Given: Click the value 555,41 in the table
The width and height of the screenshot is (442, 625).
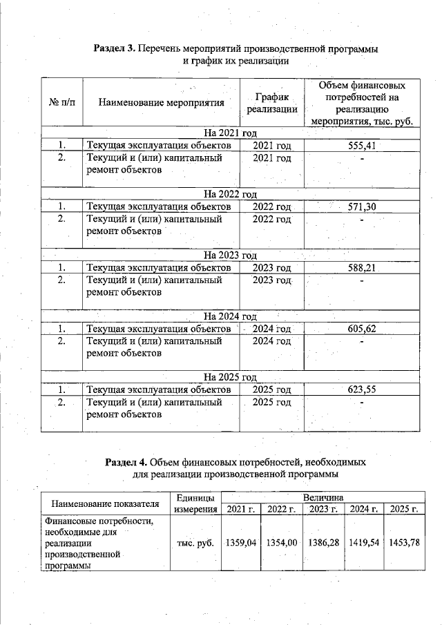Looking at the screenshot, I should (362, 145).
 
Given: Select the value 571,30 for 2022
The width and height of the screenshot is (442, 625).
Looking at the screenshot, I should (362, 206).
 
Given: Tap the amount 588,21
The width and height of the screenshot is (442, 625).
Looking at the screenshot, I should (362, 267).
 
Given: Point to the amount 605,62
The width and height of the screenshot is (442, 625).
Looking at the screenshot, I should (362, 328).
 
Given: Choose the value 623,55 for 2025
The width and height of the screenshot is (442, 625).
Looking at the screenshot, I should (362, 390).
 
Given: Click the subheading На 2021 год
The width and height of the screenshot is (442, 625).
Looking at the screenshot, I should (231, 133).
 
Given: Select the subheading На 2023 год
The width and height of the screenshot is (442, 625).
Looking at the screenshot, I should (231, 255).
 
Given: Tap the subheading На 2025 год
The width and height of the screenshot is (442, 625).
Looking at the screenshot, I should (231, 377).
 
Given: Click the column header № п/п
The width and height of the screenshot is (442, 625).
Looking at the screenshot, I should (62, 103).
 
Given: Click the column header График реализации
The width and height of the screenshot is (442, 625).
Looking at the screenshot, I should (272, 103).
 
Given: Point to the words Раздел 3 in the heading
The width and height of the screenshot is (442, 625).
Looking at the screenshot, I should (115, 49).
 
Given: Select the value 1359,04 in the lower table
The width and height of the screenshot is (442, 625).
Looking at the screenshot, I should (240, 543).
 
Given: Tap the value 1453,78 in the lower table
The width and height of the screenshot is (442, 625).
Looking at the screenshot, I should (404, 543).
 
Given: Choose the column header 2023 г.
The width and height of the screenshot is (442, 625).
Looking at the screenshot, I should (323, 510).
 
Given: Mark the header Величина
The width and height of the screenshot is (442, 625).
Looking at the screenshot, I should (323, 497).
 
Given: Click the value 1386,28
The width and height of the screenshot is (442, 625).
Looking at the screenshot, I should (323, 543).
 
